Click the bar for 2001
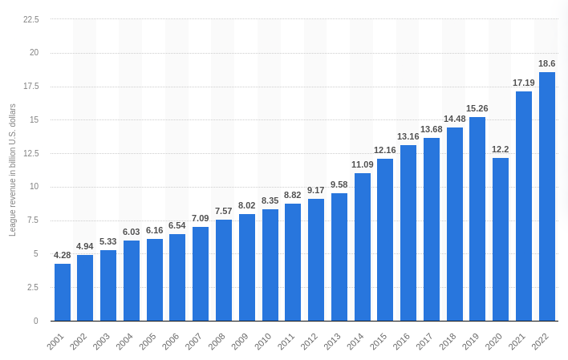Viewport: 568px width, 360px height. click(x=63, y=292)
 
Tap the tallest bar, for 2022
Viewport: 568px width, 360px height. click(x=546, y=196)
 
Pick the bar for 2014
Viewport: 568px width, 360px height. click(x=363, y=247)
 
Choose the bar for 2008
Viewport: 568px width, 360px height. click(x=224, y=270)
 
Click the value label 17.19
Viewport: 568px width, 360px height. click(x=523, y=83)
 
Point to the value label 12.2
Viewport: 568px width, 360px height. click(x=501, y=149)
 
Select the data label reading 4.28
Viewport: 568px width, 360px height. click(x=63, y=255)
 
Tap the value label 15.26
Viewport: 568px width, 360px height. click(x=477, y=108)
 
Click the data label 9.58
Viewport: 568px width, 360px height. click(x=339, y=184)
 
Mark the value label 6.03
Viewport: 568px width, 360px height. click(x=132, y=232)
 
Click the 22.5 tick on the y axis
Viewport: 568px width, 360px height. click(x=30, y=19)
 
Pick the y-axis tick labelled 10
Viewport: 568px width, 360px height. click(x=34, y=187)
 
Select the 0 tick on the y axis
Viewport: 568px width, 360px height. click(x=36, y=321)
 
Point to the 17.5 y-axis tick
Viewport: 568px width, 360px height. click(x=30, y=87)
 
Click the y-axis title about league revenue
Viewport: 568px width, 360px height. click(x=12, y=170)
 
